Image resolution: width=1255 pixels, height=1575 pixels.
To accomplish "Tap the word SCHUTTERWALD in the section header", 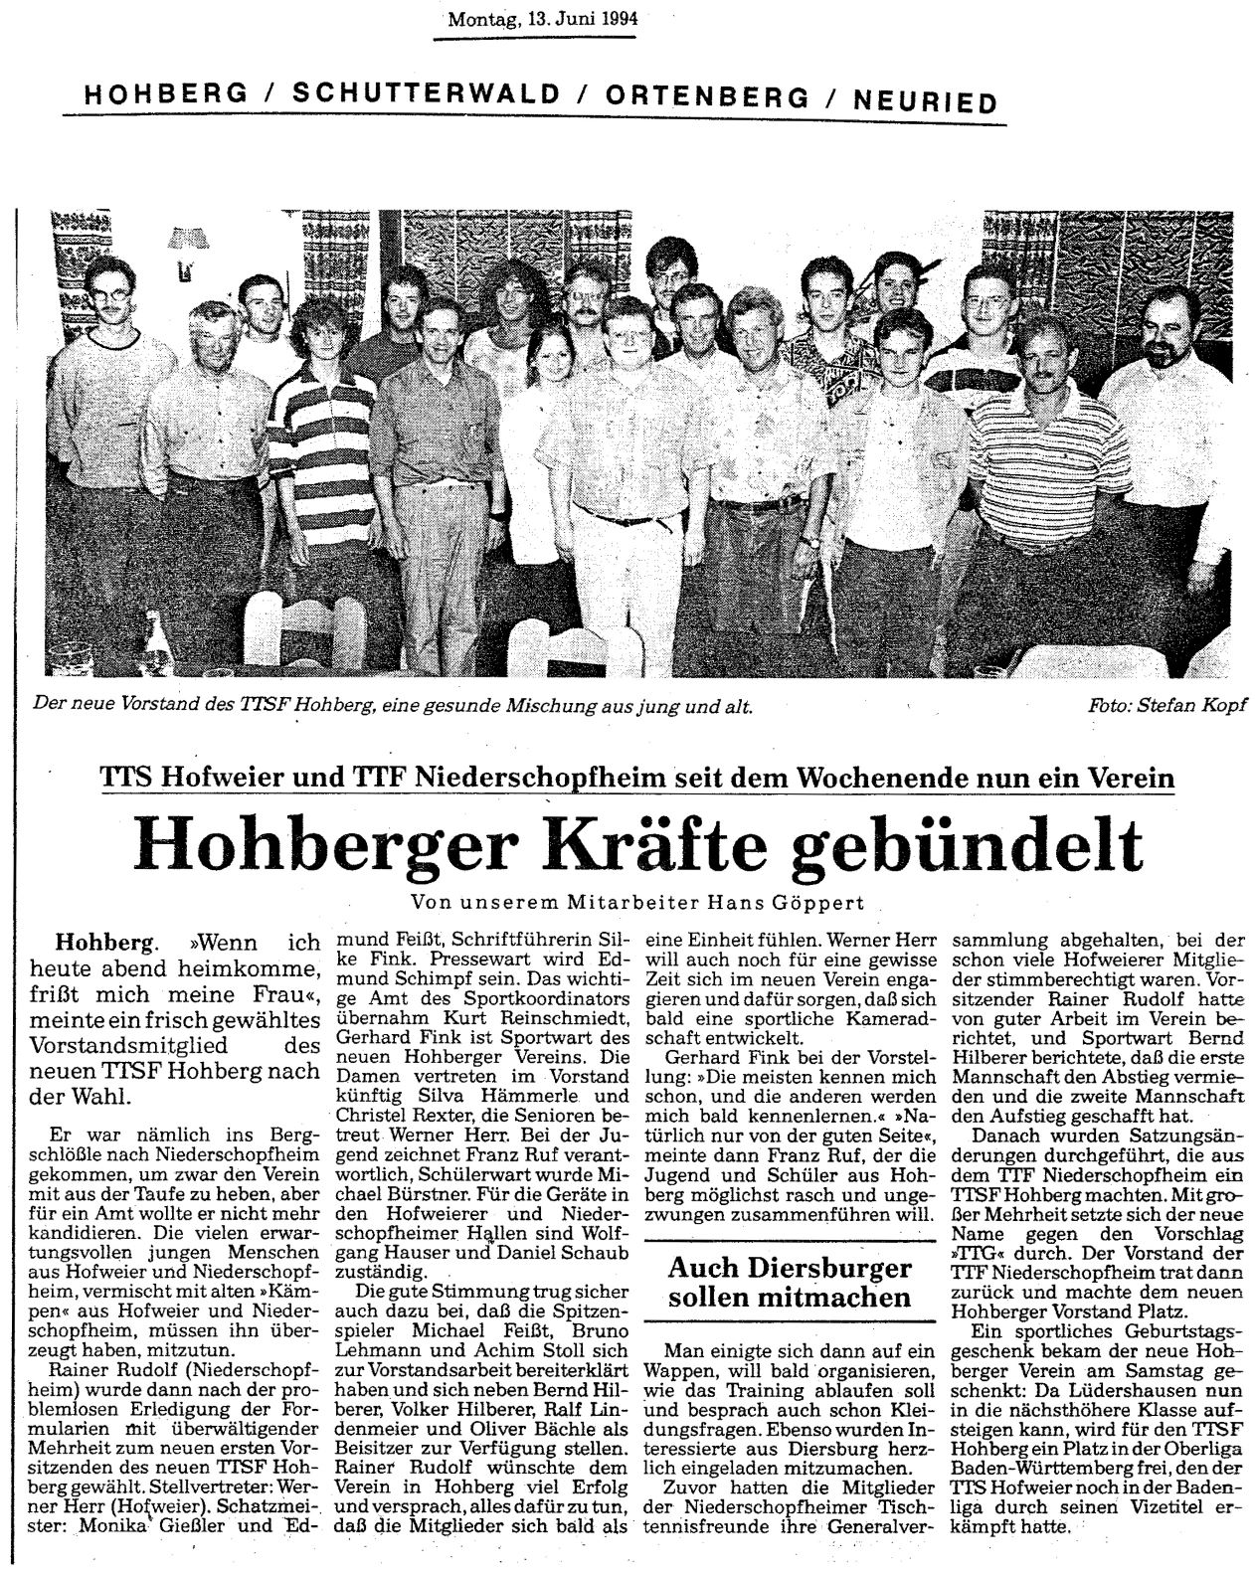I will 421,95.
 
